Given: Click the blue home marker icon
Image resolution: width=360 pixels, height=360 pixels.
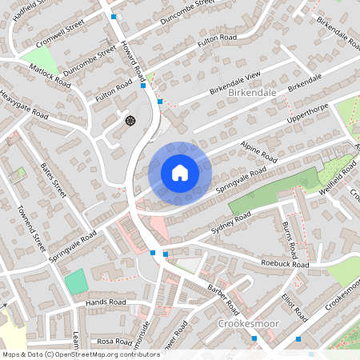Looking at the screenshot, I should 179,173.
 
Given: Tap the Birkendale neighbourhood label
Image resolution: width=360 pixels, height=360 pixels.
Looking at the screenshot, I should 252,93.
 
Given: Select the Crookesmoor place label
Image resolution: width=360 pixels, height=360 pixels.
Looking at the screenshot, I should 246,323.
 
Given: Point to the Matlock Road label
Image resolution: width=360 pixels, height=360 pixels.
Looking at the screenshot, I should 51,73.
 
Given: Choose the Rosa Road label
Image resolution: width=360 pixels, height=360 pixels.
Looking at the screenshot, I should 114,342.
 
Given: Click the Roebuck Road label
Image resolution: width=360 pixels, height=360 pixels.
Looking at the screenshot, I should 284,263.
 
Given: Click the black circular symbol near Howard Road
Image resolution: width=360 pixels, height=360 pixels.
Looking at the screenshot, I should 130,120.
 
